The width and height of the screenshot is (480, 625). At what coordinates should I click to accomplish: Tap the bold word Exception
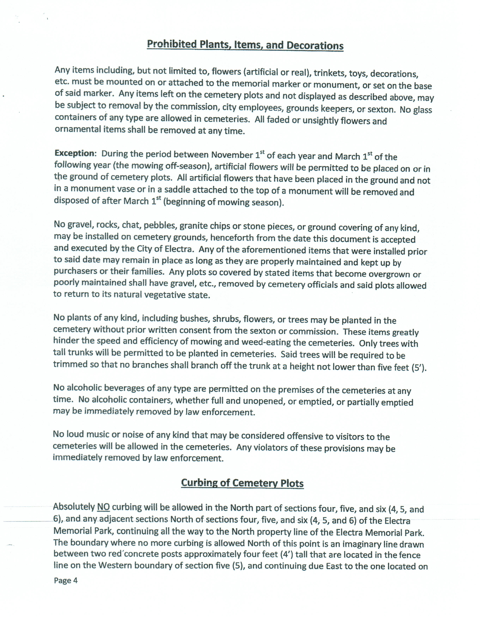point(75,153)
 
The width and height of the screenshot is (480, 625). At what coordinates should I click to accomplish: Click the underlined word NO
point(103,507)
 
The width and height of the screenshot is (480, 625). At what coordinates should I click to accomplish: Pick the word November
point(232,155)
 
